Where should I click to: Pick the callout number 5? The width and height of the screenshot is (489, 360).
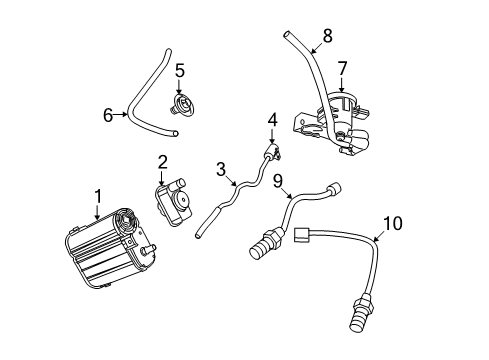point(180,71)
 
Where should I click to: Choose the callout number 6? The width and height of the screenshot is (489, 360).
point(108,115)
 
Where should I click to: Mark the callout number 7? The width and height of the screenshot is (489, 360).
point(341,69)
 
